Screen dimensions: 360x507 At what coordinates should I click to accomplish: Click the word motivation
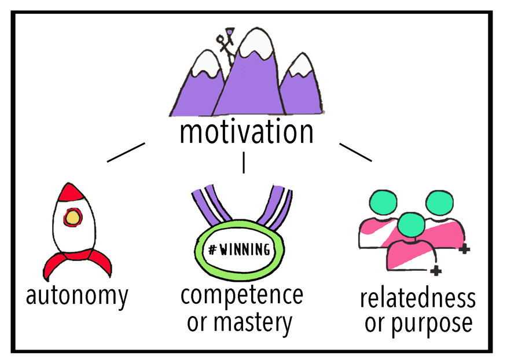(x=247, y=132)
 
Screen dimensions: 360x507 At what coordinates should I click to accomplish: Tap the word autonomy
(x=77, y=296)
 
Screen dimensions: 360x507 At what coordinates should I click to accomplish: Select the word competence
(x=242, y=295)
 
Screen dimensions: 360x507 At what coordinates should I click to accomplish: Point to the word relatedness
(x=418, y=299)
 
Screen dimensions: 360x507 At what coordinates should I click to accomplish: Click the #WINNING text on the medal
(x=240, y=250)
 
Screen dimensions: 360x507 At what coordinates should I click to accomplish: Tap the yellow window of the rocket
(x=73, y=217)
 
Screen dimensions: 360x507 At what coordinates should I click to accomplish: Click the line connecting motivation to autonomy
(x=125, y=152)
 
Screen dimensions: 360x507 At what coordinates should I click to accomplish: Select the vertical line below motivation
(x=244, y=163)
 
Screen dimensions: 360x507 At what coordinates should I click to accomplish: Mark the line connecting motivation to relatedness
(x=355, y=152)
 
